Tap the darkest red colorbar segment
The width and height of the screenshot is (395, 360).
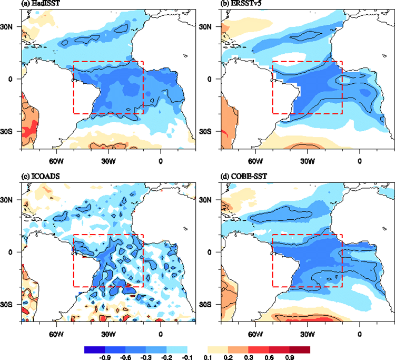pos(299,348)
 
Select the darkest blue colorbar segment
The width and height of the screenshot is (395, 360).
pos(95,348)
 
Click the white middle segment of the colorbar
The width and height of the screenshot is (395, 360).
pos(197,348)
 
